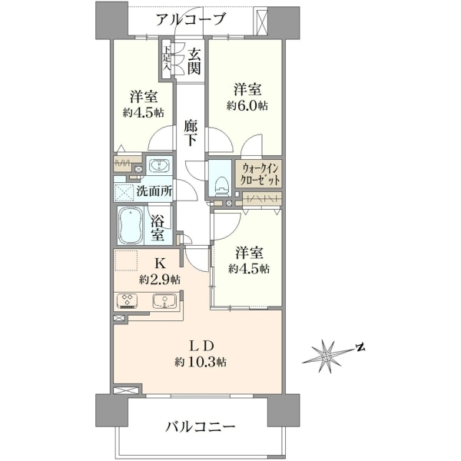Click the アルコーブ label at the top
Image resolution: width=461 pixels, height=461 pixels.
coord(191,20)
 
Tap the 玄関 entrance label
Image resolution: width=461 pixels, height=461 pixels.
coord(194,61)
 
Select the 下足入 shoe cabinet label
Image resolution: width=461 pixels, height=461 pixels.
coord(167,58)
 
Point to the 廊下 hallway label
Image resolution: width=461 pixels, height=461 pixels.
coord(191,133)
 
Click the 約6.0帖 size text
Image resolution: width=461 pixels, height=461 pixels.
coord(247,106)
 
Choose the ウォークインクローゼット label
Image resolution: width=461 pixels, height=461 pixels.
coord(259,174)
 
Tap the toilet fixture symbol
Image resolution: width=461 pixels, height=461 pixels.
coord(221,186)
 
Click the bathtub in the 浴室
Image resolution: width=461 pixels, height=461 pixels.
coord(131,226)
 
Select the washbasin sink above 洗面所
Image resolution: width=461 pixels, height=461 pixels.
coord(159,165)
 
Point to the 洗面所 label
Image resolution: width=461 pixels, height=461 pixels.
coord(154,191)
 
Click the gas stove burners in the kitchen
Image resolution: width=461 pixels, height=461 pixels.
coord(127,300)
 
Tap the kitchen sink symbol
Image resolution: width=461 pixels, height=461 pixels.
coord(164,301)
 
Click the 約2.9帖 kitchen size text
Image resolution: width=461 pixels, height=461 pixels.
coord(160,280)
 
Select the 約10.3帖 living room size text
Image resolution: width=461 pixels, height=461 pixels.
coord(201,362)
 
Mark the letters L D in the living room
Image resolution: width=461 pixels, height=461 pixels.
coord(201,347)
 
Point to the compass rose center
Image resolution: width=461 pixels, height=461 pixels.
coord(326,357)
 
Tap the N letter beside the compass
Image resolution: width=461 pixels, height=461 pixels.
coord(360,347)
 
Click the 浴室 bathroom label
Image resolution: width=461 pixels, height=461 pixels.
coord(158,228)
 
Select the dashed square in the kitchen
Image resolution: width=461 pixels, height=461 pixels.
coord(126,260)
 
